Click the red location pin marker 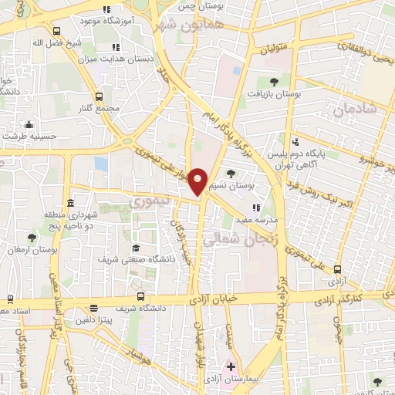tap(199, 181)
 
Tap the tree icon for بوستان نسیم tap(231, 174)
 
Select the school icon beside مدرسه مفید tap(257, 208)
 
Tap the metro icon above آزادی tap(337, 268)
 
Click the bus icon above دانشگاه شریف tap(140, 296)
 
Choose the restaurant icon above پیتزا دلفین tap(94, 306)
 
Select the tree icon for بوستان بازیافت tap(274, 81)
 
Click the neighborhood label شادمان tap(355, 109)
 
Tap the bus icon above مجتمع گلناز tap(99, 96)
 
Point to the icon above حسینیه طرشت tap(29, 125)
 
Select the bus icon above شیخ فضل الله tap(56, 31)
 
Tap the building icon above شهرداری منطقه tap(70, 203)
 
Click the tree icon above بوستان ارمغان tap(32, 238)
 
